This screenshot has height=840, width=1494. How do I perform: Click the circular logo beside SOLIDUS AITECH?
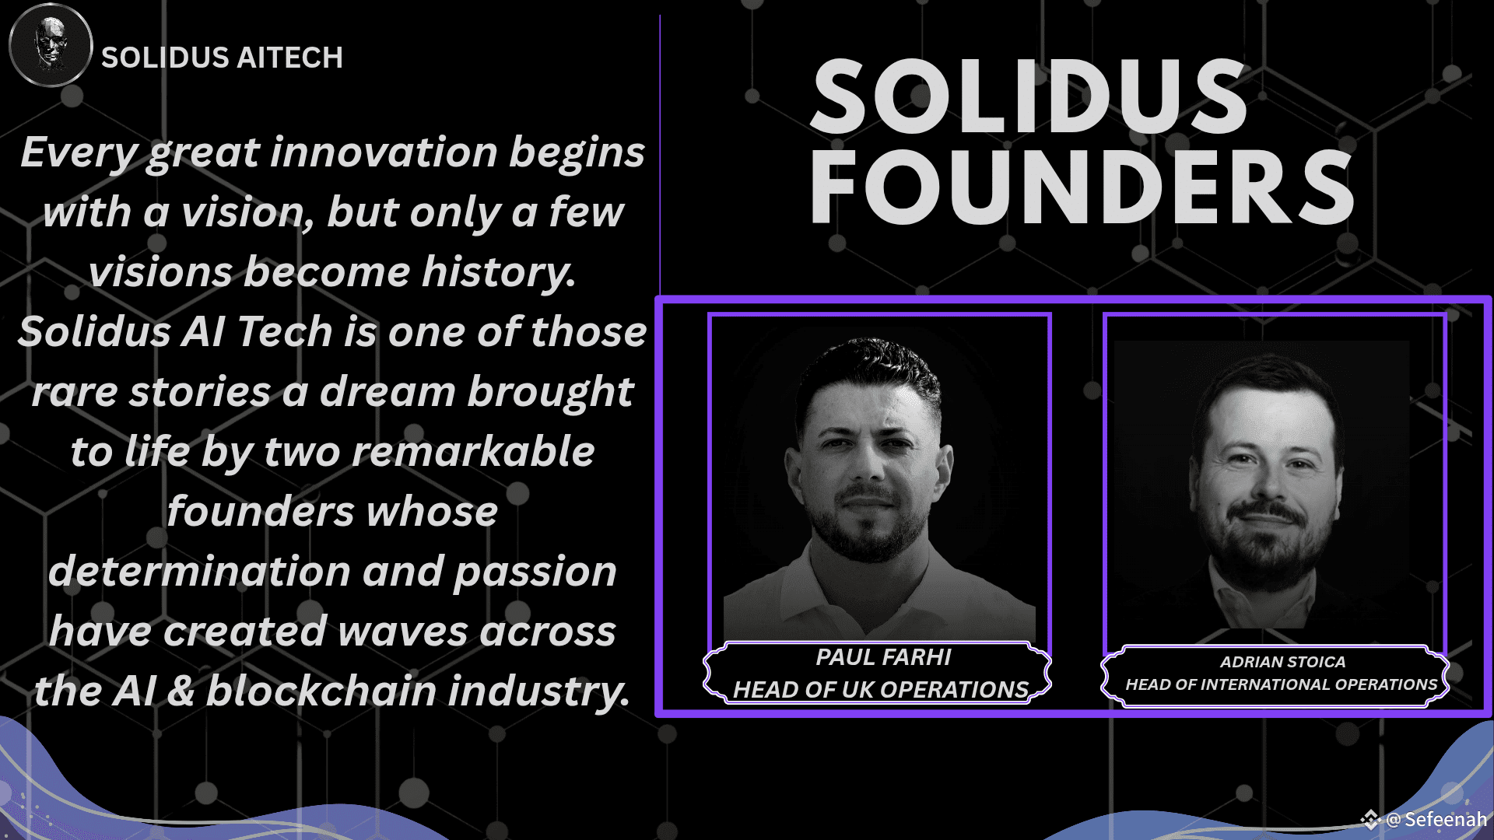click(51, 45)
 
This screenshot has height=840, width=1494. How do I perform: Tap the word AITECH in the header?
click(289, 58)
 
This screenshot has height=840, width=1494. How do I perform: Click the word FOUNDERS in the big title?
click(1082, 187)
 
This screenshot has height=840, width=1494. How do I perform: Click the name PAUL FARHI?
click(883, 657)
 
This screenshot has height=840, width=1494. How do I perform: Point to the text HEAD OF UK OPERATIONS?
click(881, 689)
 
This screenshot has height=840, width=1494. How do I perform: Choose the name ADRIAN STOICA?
click(1282, 662)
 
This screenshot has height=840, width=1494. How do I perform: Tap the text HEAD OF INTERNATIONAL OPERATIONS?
click(1282, 684)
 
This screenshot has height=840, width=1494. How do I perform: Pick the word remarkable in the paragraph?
click(473, 451)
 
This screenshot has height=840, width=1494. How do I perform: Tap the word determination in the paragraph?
click(199, 571)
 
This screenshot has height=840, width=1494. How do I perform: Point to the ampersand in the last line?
click(181, 691)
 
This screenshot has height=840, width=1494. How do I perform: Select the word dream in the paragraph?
click(387, 391)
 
